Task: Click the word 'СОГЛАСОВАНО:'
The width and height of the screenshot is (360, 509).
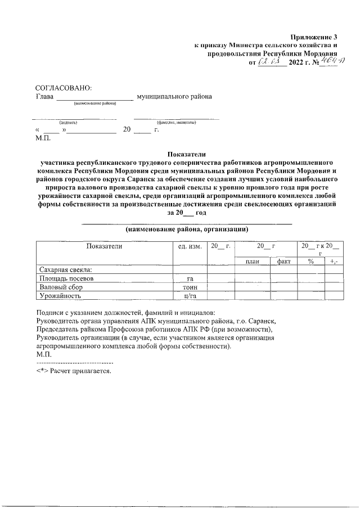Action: [62, 88]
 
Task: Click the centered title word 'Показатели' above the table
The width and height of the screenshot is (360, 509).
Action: [187, 154]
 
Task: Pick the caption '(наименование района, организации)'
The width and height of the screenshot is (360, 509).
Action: [187, 229]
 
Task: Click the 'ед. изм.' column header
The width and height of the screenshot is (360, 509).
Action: [190, 246]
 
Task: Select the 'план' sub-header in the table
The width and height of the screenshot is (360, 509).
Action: [252, 262]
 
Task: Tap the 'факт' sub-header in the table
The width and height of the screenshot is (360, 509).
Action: [283, 262]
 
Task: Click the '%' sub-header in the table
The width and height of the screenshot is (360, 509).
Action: [310, 262]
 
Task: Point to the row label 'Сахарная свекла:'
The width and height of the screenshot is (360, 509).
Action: [64, 270]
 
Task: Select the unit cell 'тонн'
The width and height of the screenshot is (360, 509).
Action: [190, 287]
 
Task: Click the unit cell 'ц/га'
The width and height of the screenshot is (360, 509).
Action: [190, 295]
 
